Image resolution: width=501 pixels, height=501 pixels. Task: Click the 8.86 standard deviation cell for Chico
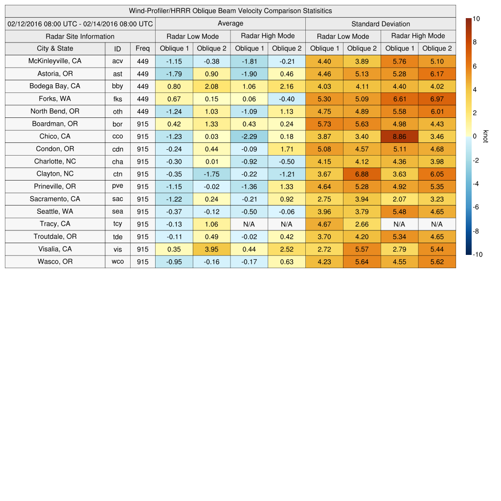click(399, 137)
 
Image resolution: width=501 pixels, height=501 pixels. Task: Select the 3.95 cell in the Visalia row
click(211, 249)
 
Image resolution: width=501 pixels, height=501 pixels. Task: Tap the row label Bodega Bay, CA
click(55, 86)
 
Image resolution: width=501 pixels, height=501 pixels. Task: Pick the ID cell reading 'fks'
click(117, 99)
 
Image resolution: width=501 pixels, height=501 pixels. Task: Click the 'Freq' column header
click(142, 48)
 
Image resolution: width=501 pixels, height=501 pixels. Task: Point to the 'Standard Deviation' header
click(381, 23)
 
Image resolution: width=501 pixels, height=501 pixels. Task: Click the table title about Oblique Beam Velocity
click(230, 11)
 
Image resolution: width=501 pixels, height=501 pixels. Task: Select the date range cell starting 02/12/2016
click(80, 23)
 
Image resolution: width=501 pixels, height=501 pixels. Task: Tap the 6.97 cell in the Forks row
click(437, 99)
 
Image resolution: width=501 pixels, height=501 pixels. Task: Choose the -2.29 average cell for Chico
click(249, 137)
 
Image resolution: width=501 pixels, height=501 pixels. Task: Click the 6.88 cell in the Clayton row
click(362, 174)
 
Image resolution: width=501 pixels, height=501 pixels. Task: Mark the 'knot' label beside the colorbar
click(485, 136)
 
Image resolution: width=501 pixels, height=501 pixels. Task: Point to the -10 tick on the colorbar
click(478, 254)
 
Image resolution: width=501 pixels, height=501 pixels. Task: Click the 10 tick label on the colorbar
click(477, 19)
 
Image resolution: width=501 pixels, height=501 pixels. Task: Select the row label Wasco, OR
click(55, 262)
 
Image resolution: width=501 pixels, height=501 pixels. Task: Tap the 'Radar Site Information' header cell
click(80, 36)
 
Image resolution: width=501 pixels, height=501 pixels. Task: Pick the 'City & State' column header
click(55, 48)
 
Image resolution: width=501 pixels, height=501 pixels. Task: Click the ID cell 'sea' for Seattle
click(117, 211)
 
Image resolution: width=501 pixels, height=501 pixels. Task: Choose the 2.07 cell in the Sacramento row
click(399, 199)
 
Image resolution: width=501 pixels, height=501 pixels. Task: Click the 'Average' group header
click(230, 23)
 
